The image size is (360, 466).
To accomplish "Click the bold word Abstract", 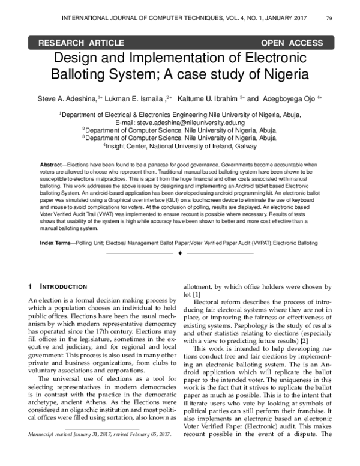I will coord(51,164).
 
